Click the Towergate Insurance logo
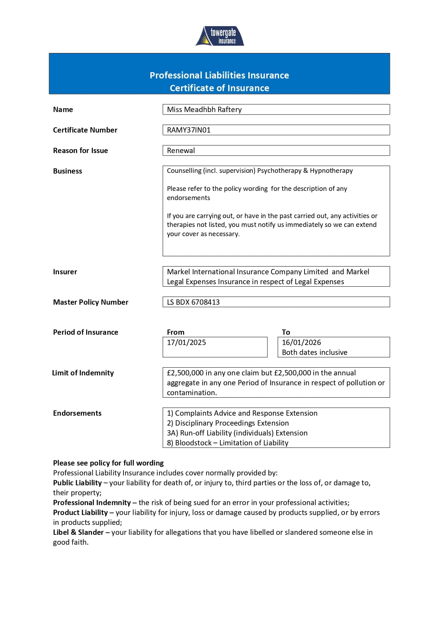(x=219, y=36)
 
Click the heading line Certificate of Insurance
(x=219, y=88)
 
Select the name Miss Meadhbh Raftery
(x=204, y=110)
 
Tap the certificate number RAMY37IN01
(x=189, y=130)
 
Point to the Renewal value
(x=181, y=151)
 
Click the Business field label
(x=67, y=171)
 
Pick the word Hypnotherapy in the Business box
(x=331, y=171)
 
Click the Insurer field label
(x=65, y=272)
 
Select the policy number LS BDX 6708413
(x=193, y=302)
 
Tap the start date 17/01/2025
(x=186, y=343)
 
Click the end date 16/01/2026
(x=301, y=343)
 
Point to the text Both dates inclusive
(x=314, y=352)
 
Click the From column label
(x=175, y=332)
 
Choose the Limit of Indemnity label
(x=83, y=373)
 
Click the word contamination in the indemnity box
(x=192, y=393)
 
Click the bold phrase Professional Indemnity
(x=92, y=503)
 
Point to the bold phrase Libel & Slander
(x=78, y=532)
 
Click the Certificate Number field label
(x=85, y=130)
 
